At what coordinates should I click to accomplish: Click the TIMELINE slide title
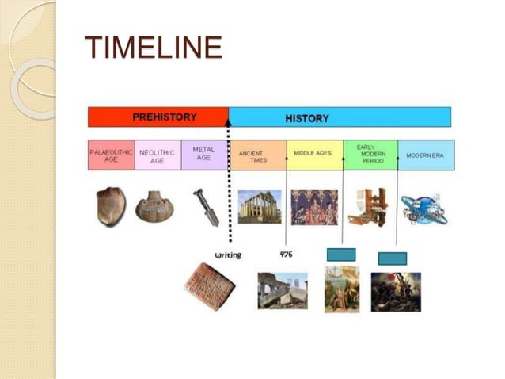tap(153, 48)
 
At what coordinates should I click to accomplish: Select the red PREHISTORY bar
tap(158, 117)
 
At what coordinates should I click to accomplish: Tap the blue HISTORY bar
tap(340, 117)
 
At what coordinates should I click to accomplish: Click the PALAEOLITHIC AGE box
tap(111, 155)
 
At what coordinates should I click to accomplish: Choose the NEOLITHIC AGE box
tap(158, 155)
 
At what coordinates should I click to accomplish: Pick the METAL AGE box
tap(203, 154)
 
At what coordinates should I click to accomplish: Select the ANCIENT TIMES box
tap(257, 155)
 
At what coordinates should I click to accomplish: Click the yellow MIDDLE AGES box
tap(313, 155)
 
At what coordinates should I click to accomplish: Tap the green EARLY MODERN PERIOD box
tap(370, 155)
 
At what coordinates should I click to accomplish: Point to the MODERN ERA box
tap(426, 155)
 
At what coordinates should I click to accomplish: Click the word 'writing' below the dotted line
tap(228, 255)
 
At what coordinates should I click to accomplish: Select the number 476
tap(287, 255)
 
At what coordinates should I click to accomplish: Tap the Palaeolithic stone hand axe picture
tap(111, 205)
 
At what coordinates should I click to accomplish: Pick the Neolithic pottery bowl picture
tap(154, 206)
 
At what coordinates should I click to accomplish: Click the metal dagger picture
tap(204, 206)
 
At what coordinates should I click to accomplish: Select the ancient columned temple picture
tap(259, 206)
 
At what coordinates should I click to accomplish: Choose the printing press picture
tap(368, 206)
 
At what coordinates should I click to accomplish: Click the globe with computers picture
tap(423, 208)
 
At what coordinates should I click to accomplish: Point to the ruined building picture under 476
tap(283, 291)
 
